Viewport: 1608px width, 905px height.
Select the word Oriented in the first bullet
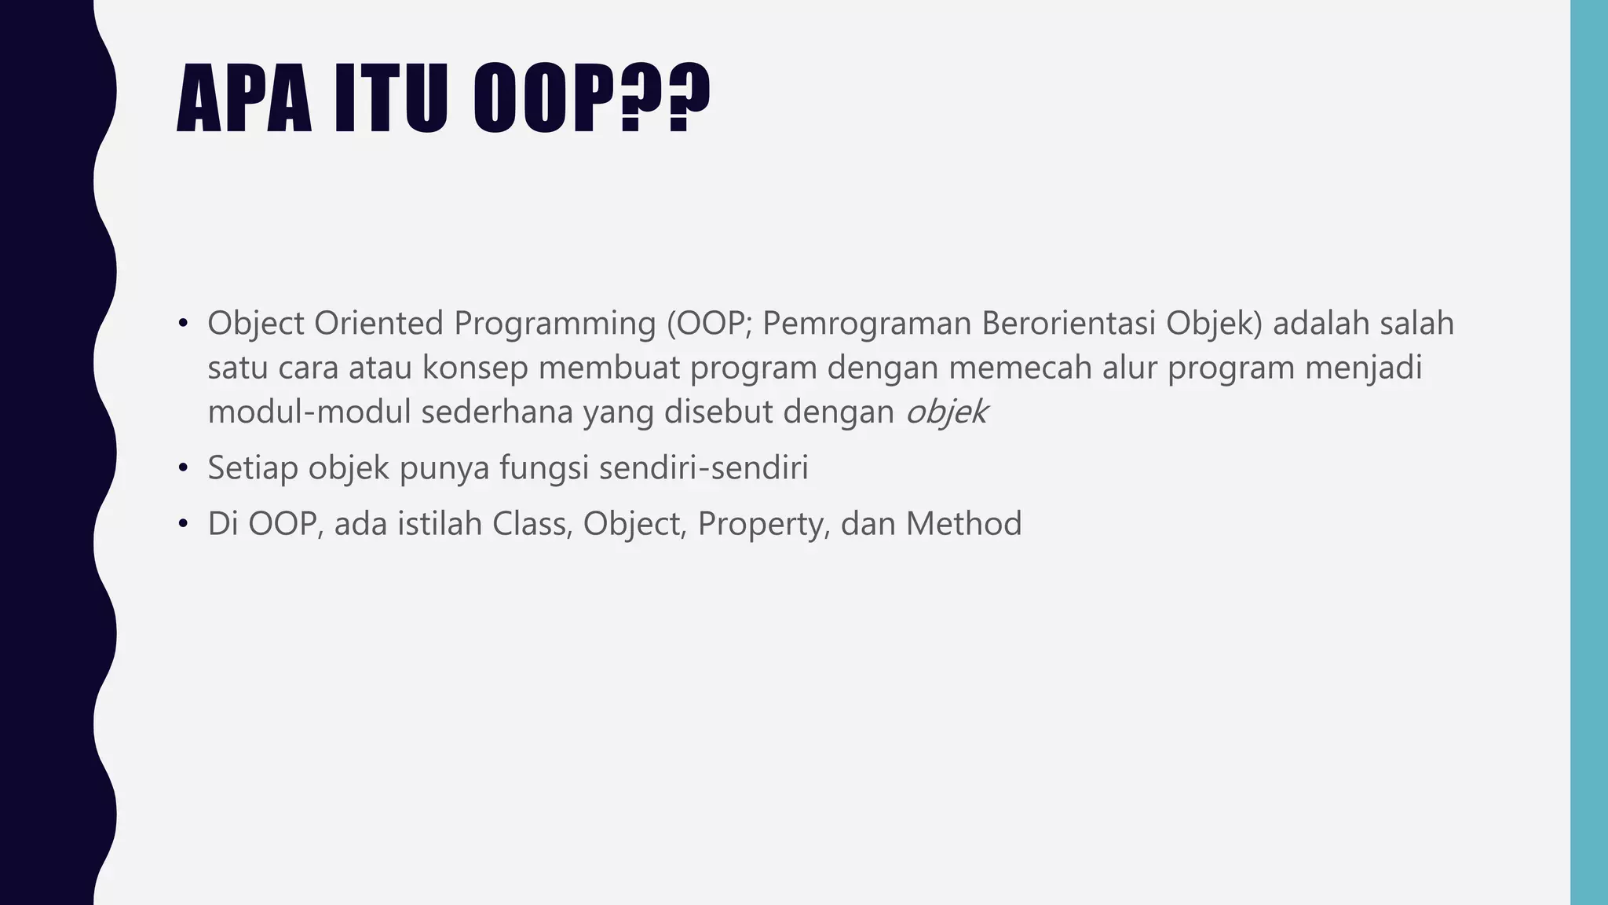pos(379,323)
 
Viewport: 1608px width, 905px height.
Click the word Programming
pos(554,323)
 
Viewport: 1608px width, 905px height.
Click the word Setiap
pos(253,468)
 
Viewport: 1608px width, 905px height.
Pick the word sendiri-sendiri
pos(703,468)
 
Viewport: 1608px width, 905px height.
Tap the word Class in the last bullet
pos(532,524)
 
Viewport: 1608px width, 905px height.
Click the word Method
pos(963,524)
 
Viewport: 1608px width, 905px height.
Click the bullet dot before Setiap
pos(184,469)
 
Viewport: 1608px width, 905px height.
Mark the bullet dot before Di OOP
pos(184,525)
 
